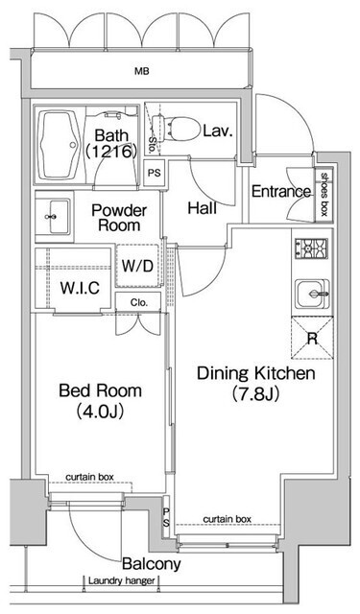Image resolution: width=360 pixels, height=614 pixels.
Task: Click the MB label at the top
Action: tap(142, 71)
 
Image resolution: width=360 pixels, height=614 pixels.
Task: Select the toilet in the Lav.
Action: tap(176, 129)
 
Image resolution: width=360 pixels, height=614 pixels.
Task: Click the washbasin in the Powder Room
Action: tap(54, 217)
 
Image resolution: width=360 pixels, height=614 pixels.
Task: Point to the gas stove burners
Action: tap(311, 248)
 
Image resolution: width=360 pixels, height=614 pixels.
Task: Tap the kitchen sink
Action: tap(312, 294)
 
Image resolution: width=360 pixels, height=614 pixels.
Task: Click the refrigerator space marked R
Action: tap(312, 338)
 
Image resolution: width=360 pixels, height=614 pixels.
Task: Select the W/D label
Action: tap(137, 267)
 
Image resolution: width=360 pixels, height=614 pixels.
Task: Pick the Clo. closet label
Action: tap(139, 303)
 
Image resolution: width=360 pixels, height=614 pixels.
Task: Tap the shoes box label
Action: tap(324, 194)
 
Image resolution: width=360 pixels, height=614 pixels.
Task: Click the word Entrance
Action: tap(281, 192)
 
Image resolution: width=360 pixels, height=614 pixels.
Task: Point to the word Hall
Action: tap(203, 208)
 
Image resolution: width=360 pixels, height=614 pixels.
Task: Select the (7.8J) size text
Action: tap(255, 394)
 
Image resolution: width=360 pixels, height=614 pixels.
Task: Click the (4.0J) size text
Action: tap(100, 412)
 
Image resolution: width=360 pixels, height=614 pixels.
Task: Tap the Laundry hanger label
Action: tap(121, 580)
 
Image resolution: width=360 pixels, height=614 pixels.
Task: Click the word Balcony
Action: tap(152, 564)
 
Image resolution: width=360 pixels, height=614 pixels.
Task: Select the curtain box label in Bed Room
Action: tap(89, 477)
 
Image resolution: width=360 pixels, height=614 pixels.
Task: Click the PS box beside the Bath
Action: tap(154, 173)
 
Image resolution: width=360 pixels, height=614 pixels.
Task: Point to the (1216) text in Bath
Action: tap(110, 151)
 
